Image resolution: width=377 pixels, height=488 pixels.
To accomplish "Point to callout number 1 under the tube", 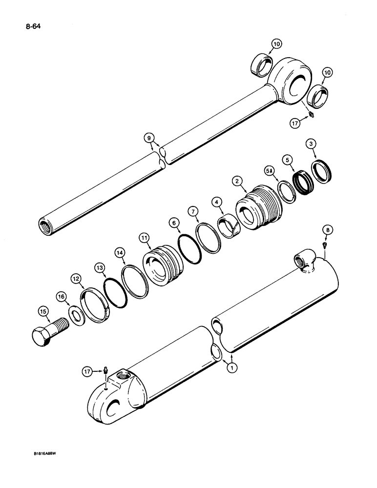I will tap(230, 367).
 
